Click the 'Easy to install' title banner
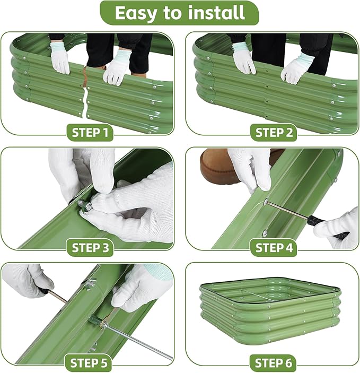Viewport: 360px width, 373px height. (179, 13)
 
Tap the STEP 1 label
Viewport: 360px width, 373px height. (90, 132)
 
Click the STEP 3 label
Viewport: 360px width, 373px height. (90, 247)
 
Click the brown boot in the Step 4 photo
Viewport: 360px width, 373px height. (217, 166)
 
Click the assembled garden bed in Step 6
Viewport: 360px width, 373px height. (270, 313)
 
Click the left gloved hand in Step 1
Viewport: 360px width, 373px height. (60, 60)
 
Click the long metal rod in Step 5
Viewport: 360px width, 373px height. (138, 340)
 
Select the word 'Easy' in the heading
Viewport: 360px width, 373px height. (136, 13)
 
